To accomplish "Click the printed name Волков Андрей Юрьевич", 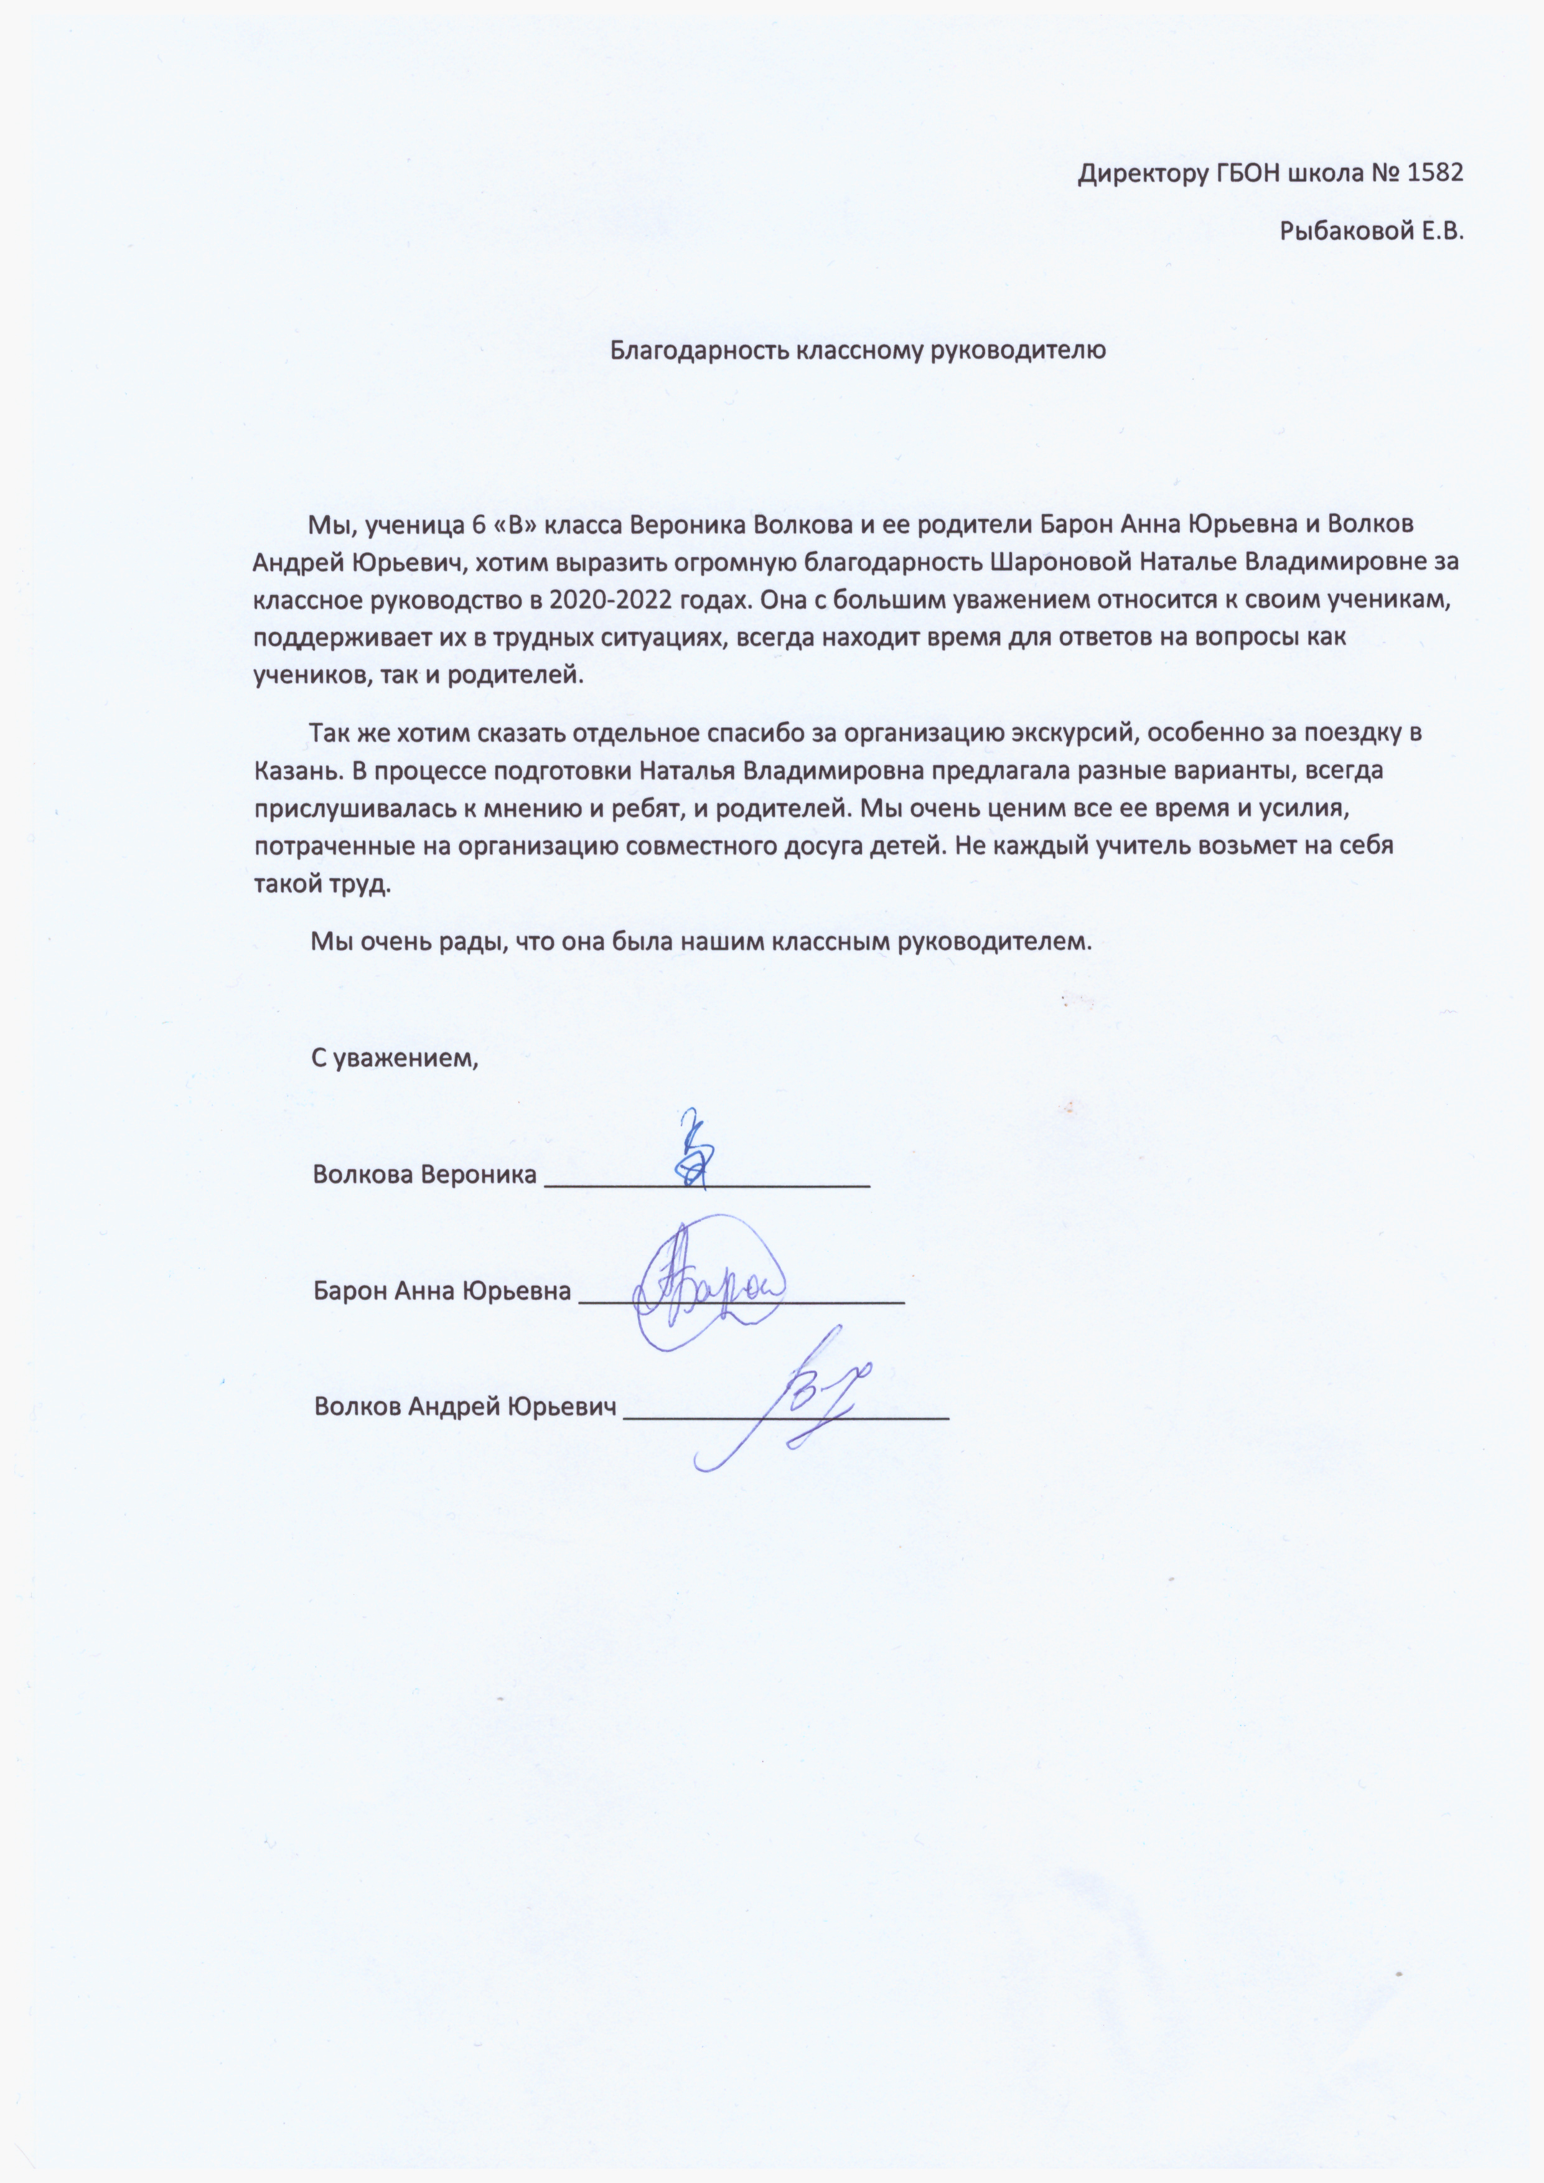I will [465, 1407].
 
